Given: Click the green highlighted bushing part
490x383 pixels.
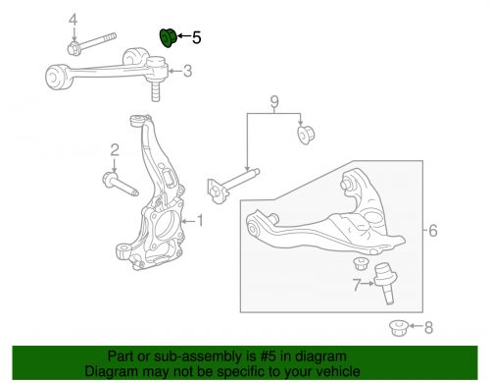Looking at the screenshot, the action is tap(168, 38).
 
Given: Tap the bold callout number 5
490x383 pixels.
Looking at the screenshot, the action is tap(196, 37).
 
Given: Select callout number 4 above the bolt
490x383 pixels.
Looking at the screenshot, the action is tap(73, 21).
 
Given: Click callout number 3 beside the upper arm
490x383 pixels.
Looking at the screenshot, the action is tap(187, 71).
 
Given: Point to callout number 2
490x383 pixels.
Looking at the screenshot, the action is tap(115, 150).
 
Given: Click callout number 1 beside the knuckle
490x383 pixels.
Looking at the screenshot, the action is tap(200, 221).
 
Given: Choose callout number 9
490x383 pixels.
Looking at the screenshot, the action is tap(274, 102).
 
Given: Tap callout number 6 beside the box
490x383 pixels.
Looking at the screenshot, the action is tap(433, 231).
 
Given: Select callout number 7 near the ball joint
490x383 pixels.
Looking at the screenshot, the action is tap(357, 285).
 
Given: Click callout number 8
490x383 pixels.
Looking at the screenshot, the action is tap(428, 327).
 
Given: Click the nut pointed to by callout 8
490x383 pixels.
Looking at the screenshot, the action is tap(399, 328).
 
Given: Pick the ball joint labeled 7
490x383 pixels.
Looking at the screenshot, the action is tap(385, 283).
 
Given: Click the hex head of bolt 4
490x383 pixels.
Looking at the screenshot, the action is tap(73, 49).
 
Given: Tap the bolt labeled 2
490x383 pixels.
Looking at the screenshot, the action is tap(120, 185).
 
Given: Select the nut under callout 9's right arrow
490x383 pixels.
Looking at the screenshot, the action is tap(306, 135).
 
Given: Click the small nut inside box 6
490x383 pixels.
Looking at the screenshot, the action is tap(360, 263).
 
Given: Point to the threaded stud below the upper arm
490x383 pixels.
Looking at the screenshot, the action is tap(156, 91).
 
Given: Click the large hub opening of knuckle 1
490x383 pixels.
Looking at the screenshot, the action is tap(165, 226).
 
